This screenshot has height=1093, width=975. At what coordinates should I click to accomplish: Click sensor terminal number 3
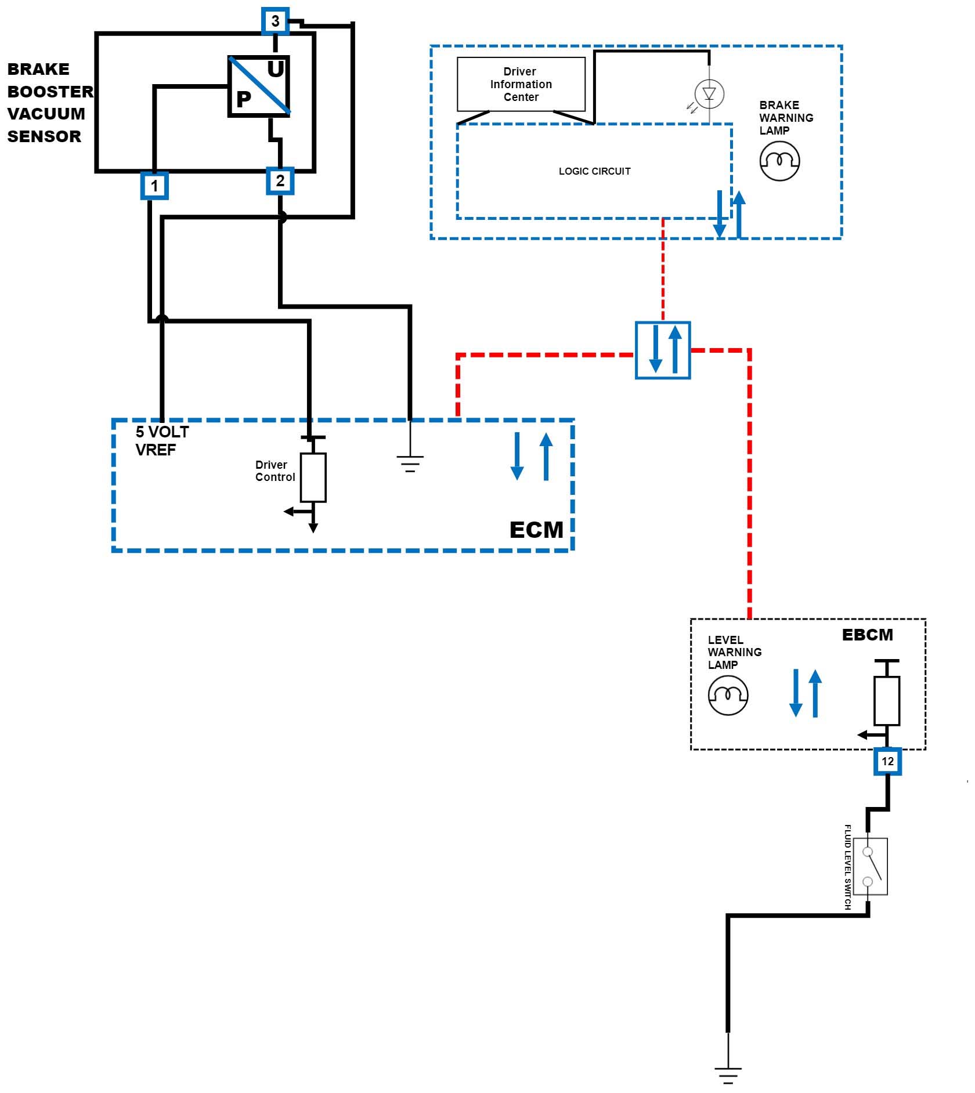coord(275,21)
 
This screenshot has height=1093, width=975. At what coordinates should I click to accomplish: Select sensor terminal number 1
coord(154,186)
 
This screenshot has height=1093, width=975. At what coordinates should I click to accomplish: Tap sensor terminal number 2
coord(280,180)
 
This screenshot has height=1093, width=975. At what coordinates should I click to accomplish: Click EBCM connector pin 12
coord(887,761)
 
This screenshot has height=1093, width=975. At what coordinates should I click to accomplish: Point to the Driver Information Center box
coord(521,84)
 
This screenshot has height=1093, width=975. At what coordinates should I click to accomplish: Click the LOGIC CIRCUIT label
coord(594,171)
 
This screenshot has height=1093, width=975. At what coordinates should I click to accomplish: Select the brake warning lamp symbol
coord(779,161)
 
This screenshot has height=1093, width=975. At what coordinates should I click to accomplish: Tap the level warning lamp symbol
coord(728,694)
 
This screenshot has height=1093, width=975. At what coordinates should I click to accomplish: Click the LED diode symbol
coord(709,93)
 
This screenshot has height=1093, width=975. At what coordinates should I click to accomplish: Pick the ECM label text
coord(536,530)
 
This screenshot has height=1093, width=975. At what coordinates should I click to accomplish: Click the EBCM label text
coord(867,635)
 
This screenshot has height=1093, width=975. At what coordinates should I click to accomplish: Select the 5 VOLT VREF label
coord(162,440)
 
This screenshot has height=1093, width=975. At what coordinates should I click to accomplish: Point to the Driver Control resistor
coord(313,477)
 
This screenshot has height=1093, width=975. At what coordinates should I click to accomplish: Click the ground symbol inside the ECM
coord(410,463)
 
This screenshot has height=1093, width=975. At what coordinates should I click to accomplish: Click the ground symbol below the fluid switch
coord(728,1075)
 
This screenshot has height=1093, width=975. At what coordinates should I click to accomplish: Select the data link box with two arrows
coord(663,350)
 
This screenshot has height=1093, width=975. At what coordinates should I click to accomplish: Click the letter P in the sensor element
coord(244,100)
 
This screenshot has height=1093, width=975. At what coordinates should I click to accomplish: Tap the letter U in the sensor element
coord(276,70)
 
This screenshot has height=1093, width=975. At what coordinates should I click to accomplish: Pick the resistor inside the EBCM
coord(886,700)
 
